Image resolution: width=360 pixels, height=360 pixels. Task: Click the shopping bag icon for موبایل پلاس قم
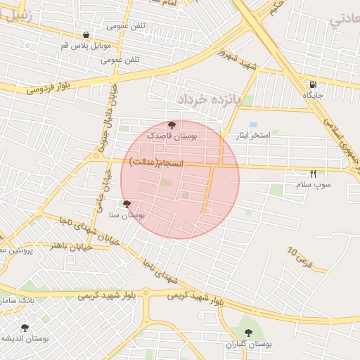point(86,34)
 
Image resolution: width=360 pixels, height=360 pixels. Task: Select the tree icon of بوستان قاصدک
point(172,124)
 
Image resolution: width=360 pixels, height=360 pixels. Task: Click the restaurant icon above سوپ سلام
point(313,174)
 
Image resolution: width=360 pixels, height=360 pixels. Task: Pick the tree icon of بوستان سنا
point(127,205)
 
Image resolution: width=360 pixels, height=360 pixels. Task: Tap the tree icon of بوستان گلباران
point(247,333)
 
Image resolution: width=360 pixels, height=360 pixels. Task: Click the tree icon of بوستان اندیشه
point(25,328)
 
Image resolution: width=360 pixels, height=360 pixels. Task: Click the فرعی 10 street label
point(299,258)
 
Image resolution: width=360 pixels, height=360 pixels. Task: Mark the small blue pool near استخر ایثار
point(253,124)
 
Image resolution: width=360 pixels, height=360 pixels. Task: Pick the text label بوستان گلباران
point(248,345)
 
